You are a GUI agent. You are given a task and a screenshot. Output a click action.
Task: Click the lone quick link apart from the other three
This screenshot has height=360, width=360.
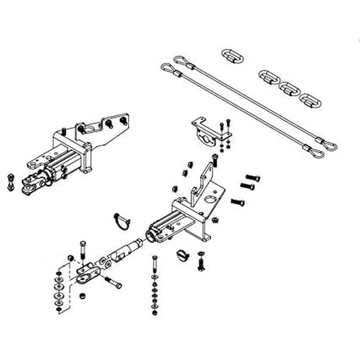pos(232,54)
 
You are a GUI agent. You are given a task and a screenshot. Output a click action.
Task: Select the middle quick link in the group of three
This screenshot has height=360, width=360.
pos(289,87)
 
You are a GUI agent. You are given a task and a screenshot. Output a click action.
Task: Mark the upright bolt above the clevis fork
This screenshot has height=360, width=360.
pos(82,247)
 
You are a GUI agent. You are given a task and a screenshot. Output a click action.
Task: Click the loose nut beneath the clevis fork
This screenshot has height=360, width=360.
pos(82,294)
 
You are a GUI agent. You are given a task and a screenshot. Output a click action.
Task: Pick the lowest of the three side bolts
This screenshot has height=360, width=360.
pos(238,201)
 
